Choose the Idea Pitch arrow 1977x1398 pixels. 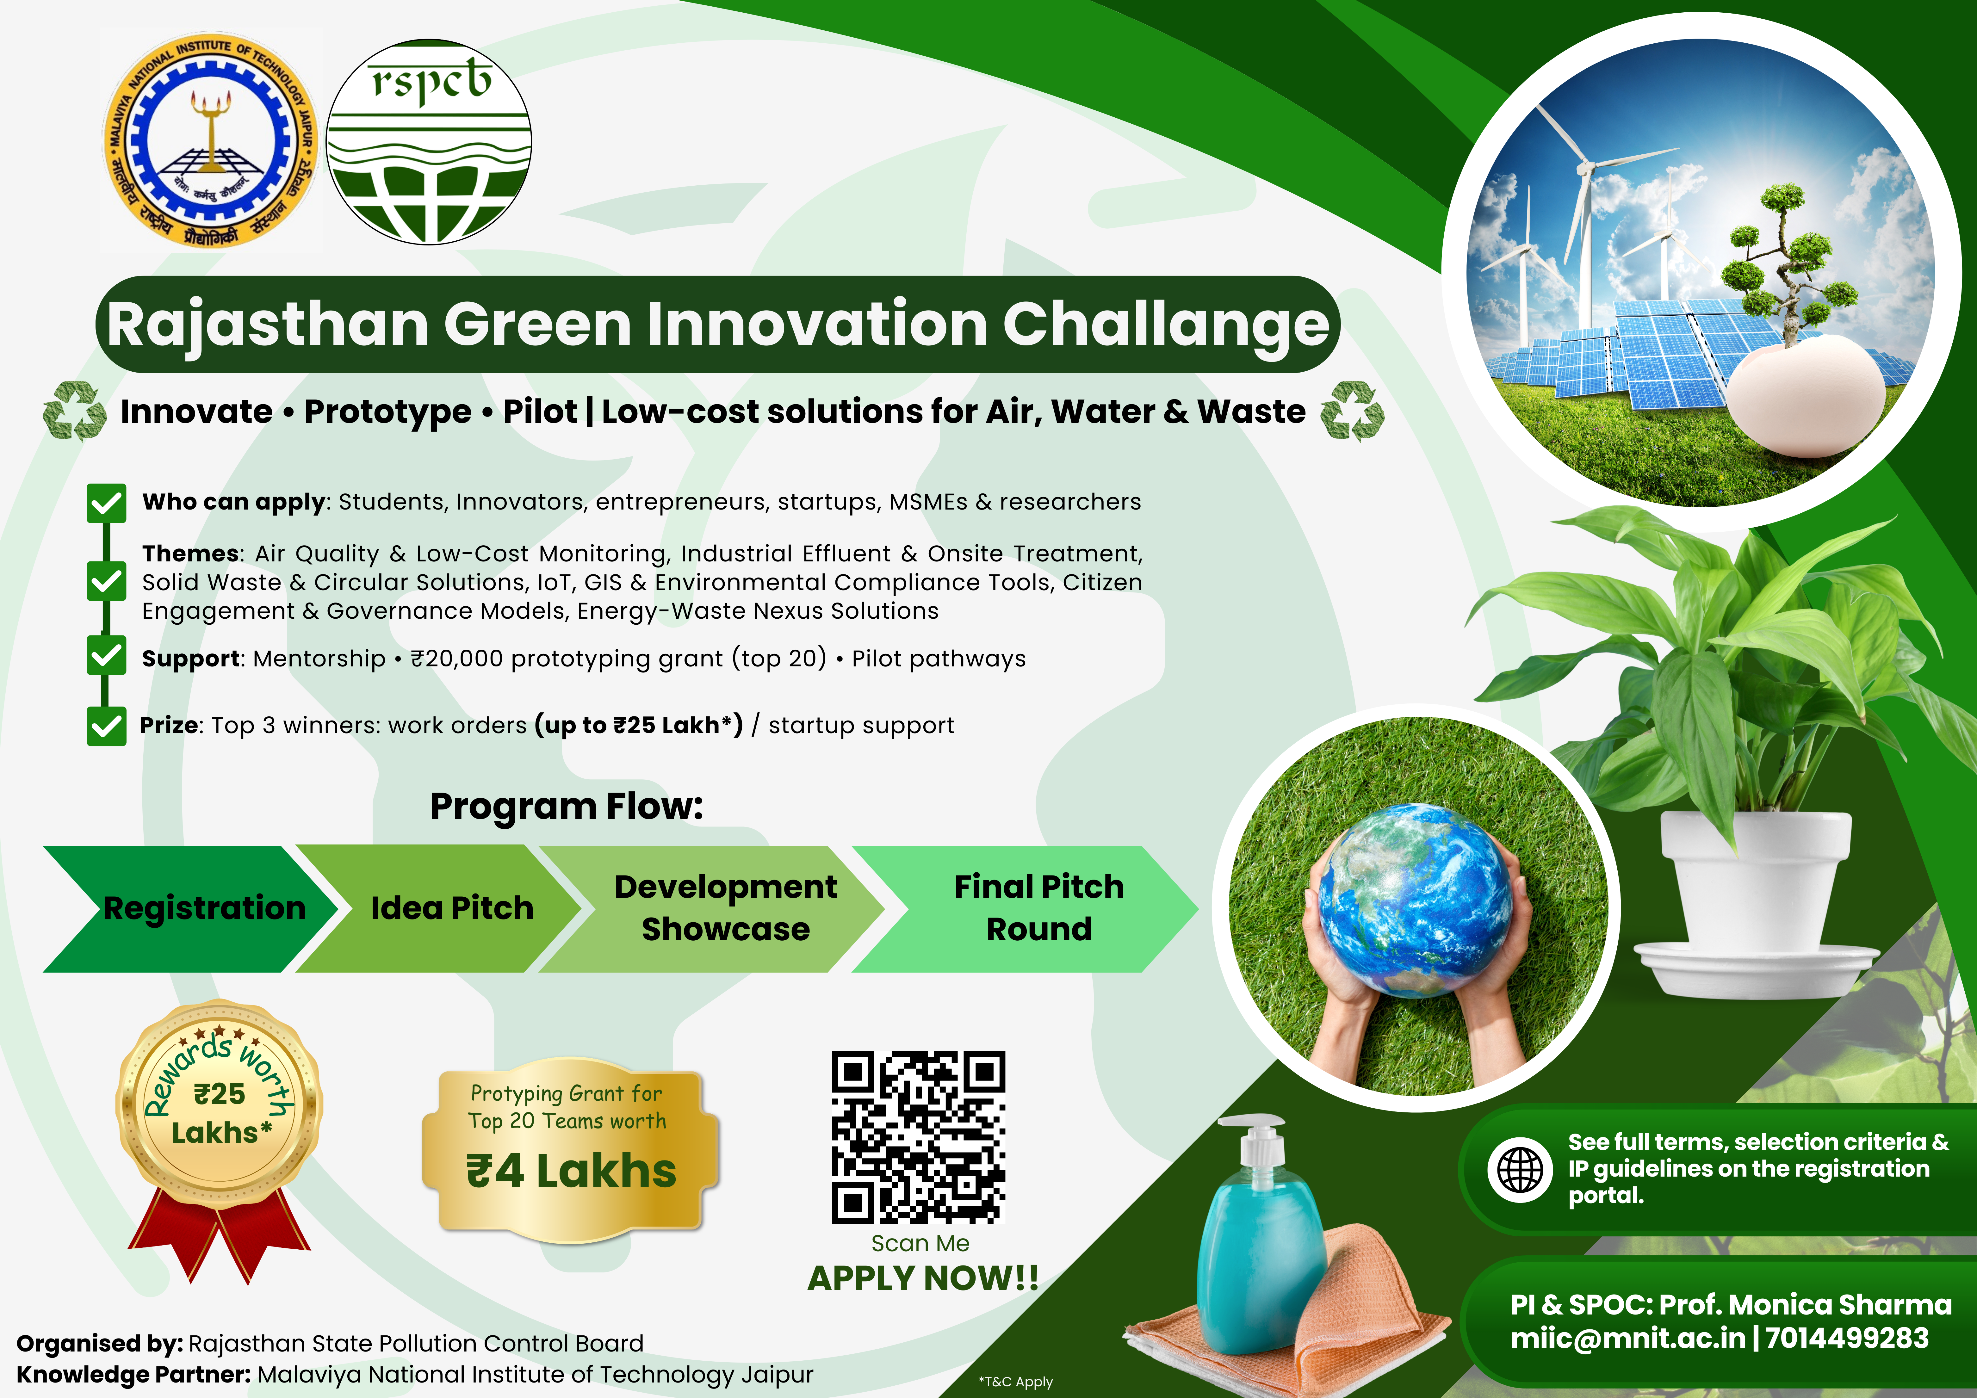439,909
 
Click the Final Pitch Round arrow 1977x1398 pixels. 1025,909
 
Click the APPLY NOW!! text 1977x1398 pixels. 923,1278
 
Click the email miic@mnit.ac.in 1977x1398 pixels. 1627,1339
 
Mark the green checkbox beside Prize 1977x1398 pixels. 107,726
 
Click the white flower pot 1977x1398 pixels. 1757,904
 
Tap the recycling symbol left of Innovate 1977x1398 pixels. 75,411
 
